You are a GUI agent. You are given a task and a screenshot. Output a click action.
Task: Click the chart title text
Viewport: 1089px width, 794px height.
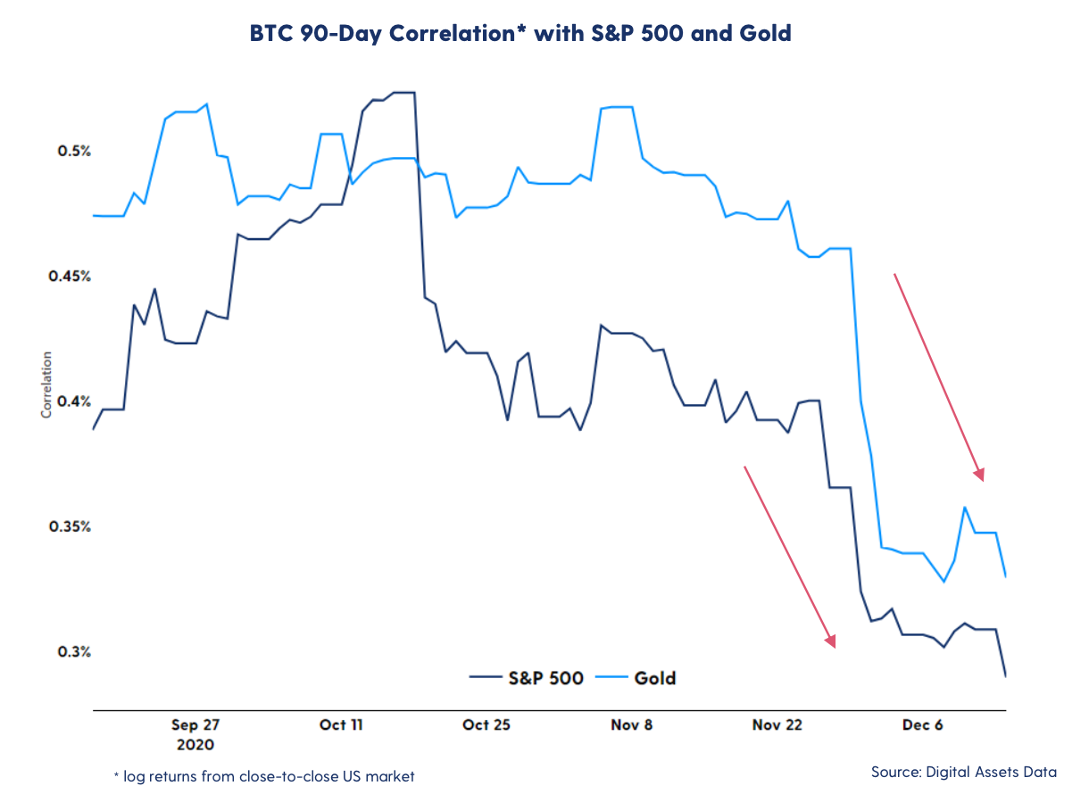(520, 34)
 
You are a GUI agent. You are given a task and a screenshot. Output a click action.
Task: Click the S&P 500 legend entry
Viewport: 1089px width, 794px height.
(527, 678)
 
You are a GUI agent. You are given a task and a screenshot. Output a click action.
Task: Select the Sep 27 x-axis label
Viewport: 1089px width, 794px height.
(195, 724)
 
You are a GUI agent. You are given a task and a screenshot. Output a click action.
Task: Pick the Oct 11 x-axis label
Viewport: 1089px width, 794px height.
(341, 724)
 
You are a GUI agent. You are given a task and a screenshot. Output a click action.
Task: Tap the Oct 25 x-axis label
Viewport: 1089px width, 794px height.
(486, 724)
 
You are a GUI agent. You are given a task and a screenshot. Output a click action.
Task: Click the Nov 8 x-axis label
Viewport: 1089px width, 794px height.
(632, 724)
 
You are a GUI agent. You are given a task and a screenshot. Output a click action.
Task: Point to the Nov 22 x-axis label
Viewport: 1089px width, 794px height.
(777, 724)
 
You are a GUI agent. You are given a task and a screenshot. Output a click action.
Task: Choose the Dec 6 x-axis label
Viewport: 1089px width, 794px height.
(923, 724)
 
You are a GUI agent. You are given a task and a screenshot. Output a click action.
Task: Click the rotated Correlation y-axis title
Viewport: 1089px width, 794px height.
(46, 385)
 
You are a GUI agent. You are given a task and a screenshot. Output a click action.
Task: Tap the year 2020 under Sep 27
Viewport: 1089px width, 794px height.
(195, 743)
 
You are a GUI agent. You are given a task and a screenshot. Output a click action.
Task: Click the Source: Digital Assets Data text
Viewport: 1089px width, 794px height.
(964, 772)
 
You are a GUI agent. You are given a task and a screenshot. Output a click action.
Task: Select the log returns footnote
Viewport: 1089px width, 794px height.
(264, 776)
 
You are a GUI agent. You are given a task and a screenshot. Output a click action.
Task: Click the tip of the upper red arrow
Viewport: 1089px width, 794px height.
(983, 480)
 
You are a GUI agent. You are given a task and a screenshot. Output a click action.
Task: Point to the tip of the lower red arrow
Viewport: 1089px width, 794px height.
(835, 647)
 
